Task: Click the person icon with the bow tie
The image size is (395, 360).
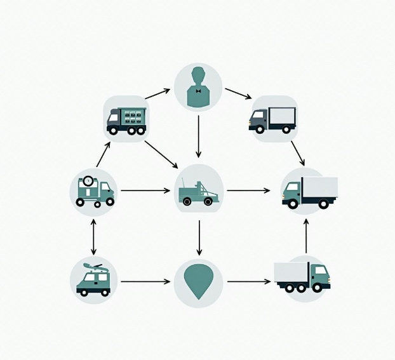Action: pos(198,86)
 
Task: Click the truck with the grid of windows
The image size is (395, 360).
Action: pos(126,119)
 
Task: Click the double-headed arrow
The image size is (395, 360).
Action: pos(93,236)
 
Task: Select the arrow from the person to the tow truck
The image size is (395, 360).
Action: pos(198,136)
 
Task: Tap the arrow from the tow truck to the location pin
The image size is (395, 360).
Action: pos(199,237)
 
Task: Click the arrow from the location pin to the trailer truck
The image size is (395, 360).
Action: pos(248,281)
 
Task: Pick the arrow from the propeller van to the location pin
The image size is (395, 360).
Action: pos(145,281)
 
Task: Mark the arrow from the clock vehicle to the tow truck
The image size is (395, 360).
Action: pos(145,190)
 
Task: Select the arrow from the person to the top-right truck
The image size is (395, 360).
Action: pos(238,93)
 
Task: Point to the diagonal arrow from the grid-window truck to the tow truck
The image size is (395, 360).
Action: pos(161,154)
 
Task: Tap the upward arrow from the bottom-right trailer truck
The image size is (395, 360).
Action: pos(306,236)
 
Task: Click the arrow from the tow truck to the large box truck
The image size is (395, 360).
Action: pos(248,190)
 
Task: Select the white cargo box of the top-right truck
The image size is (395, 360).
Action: pos(282,116)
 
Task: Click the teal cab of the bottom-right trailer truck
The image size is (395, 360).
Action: pos(319,275)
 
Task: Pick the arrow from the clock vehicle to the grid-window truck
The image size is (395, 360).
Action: pos(103,154)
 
